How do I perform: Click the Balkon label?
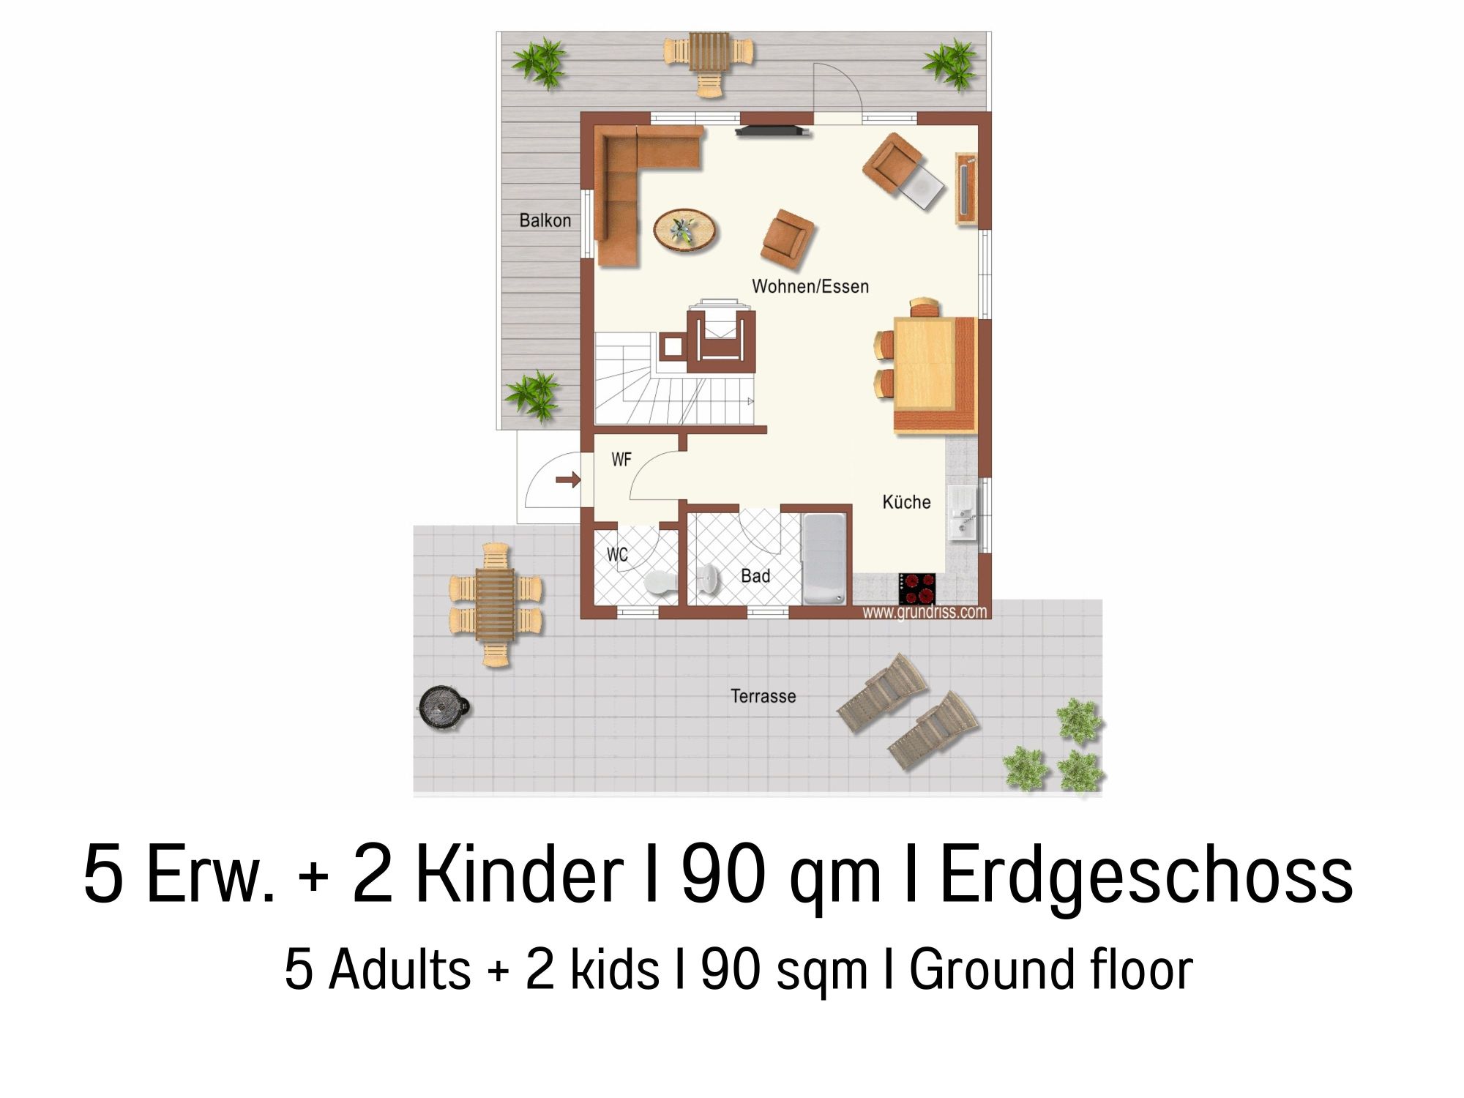click(x=545, y=220)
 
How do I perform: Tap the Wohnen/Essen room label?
click(x=810, y=286)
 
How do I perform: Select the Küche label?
click(x=906, y=502)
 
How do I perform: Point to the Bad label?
click(x=755, y=576)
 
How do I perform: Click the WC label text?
click(x=617, y=555)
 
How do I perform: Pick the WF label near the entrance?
click(x=621, y=460)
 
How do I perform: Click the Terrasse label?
click(x=763, y=696)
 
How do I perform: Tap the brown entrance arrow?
click(x=568, y=480)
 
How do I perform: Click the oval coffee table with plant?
click(x=686, y=231)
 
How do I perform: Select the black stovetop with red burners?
click(x=917, y=588)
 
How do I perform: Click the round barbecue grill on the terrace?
click(x=443, y=708)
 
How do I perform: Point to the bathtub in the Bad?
click(x=825, y=559)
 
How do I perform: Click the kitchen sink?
click(x=962, y=512)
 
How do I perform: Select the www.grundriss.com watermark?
click(x=925, y=612)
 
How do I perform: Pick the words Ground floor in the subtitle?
click(x=1051, y=970)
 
